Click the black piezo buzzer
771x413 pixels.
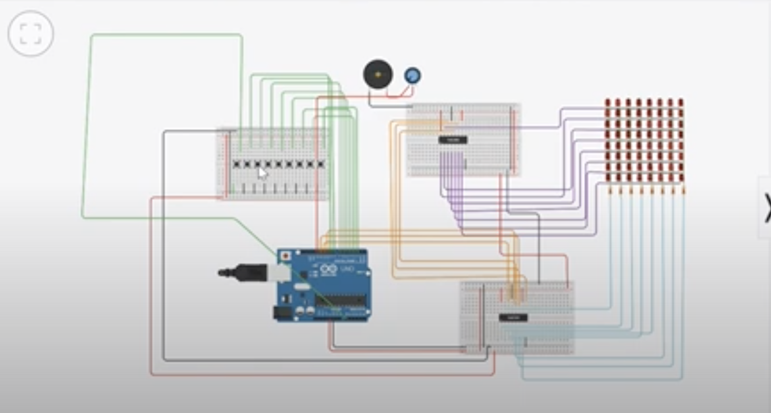(378, 74)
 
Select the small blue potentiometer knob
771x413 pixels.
(412, 75)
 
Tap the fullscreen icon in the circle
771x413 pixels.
(31, 33)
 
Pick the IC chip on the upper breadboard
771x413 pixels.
(453, 140)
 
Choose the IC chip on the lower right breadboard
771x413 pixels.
(513, 317)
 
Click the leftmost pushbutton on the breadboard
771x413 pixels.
(237, 164)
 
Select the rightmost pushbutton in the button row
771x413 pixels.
(321, 164)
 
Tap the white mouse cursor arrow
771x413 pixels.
(262, 173)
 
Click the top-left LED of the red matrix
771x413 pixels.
(607, 103)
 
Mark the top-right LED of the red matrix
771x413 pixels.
(680, 103)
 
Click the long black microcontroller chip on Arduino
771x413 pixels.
(340, 301)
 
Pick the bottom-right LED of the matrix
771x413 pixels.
(680, 177)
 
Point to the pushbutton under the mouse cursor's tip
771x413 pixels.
(258, 164)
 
